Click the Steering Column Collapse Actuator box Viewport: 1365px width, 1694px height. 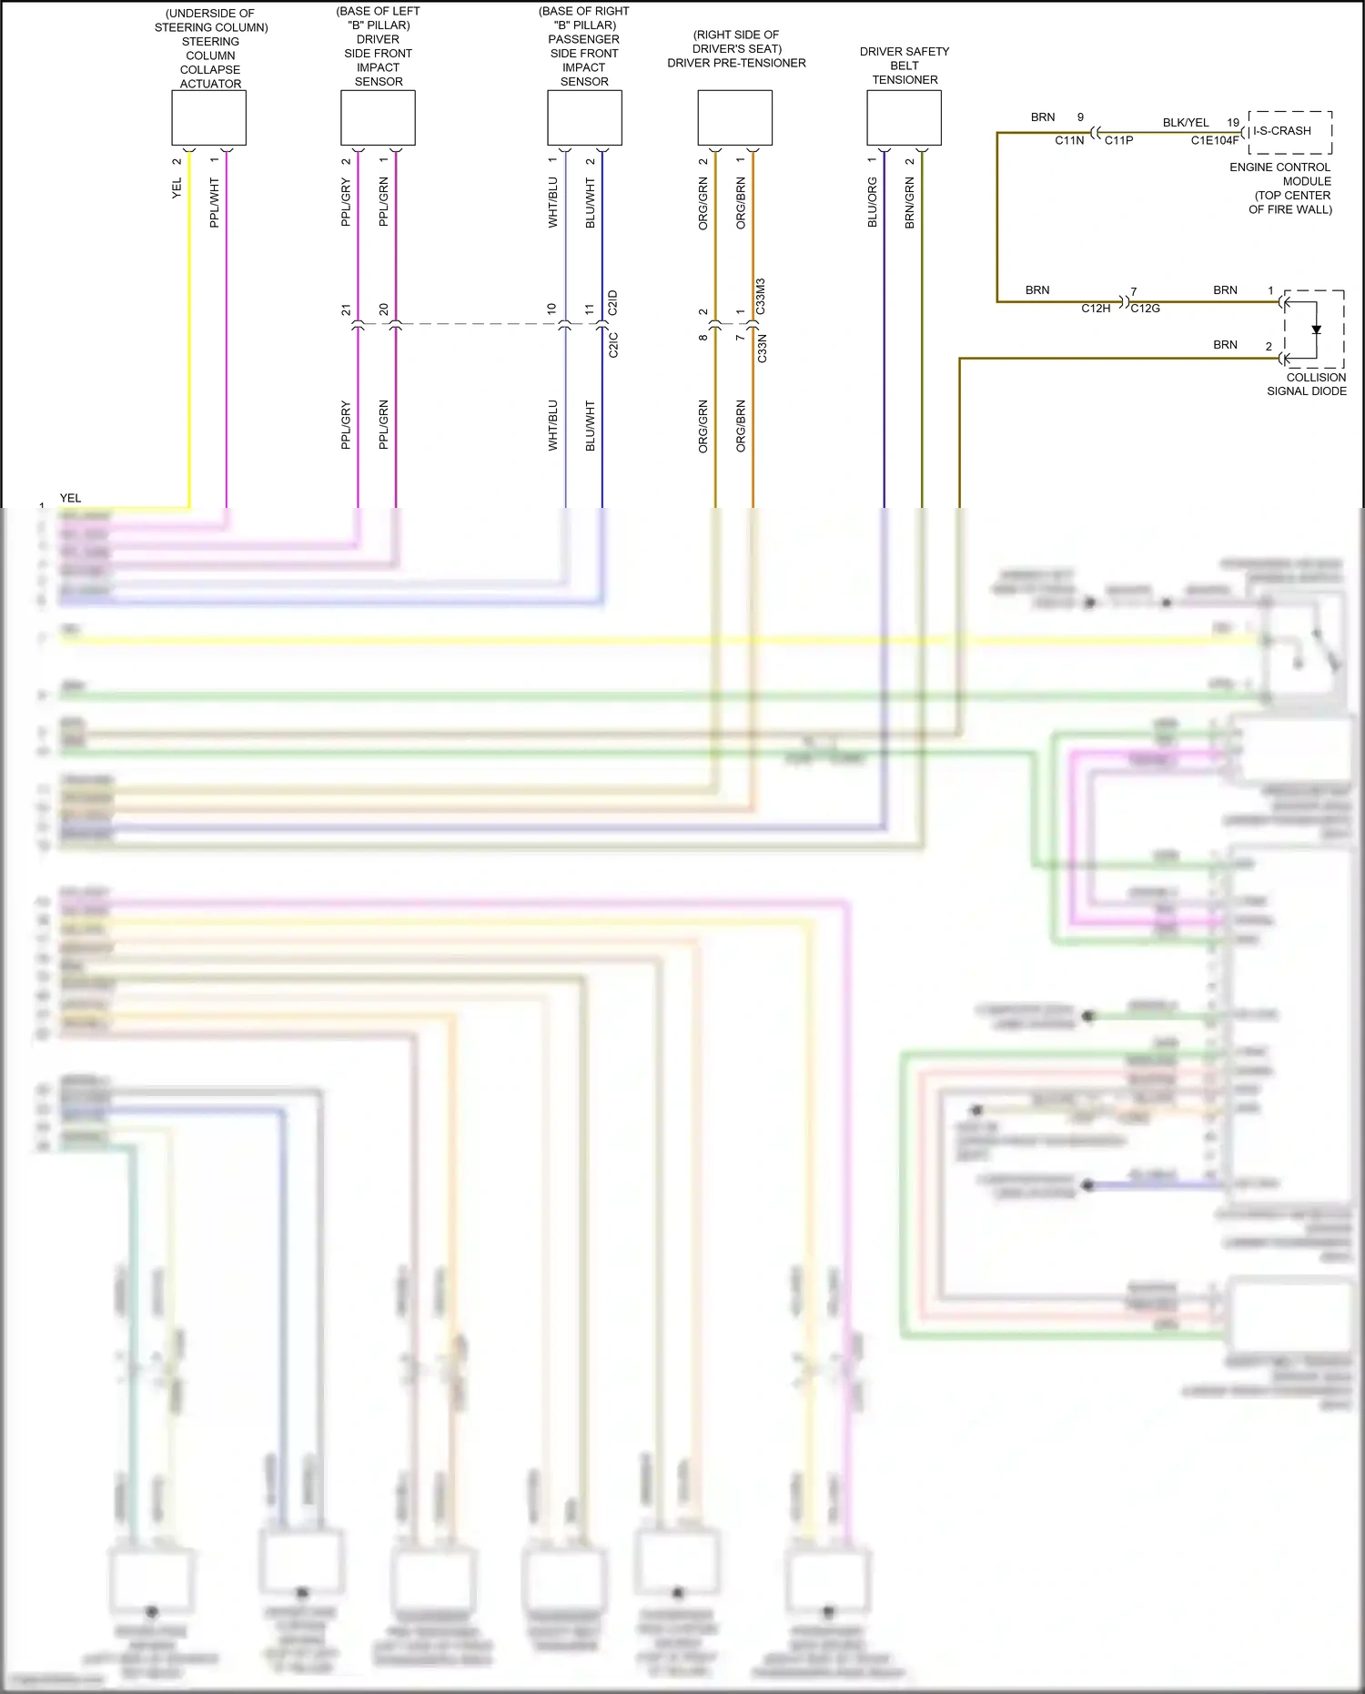[x=208, y=117]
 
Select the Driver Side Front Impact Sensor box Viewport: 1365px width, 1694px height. [x=378, y=117]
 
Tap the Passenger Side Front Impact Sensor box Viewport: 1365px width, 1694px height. [x=584, y=117]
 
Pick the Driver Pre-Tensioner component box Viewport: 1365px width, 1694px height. [x=734, y=117]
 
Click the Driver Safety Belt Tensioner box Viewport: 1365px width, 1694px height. [x=904, y=117]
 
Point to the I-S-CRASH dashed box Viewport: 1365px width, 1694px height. [x=1290, y=131]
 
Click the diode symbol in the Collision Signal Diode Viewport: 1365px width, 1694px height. [x=1316, y=330]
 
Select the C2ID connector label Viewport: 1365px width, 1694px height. [x=612, y=303]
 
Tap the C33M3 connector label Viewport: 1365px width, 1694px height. [x=761, y=297]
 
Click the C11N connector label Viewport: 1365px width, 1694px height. [x=1069, y=140]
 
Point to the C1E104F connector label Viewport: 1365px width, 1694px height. [x=1214, y=140]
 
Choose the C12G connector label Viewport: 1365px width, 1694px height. [x=1145, y=309]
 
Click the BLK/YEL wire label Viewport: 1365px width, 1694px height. [x=1186, y=123]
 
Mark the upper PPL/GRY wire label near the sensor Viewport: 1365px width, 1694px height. [x=346, y=202]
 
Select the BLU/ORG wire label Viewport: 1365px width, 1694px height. [x=873, y=202]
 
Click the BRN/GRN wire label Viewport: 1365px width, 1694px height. [x=910, y=202]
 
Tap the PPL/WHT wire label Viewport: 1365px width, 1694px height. [x=215, y=202]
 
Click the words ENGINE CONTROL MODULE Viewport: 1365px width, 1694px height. [x=1280, y=174]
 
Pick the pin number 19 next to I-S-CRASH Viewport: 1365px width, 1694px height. [x=1233, y=123]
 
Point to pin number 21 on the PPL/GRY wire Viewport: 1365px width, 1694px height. [x=346, y=310]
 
